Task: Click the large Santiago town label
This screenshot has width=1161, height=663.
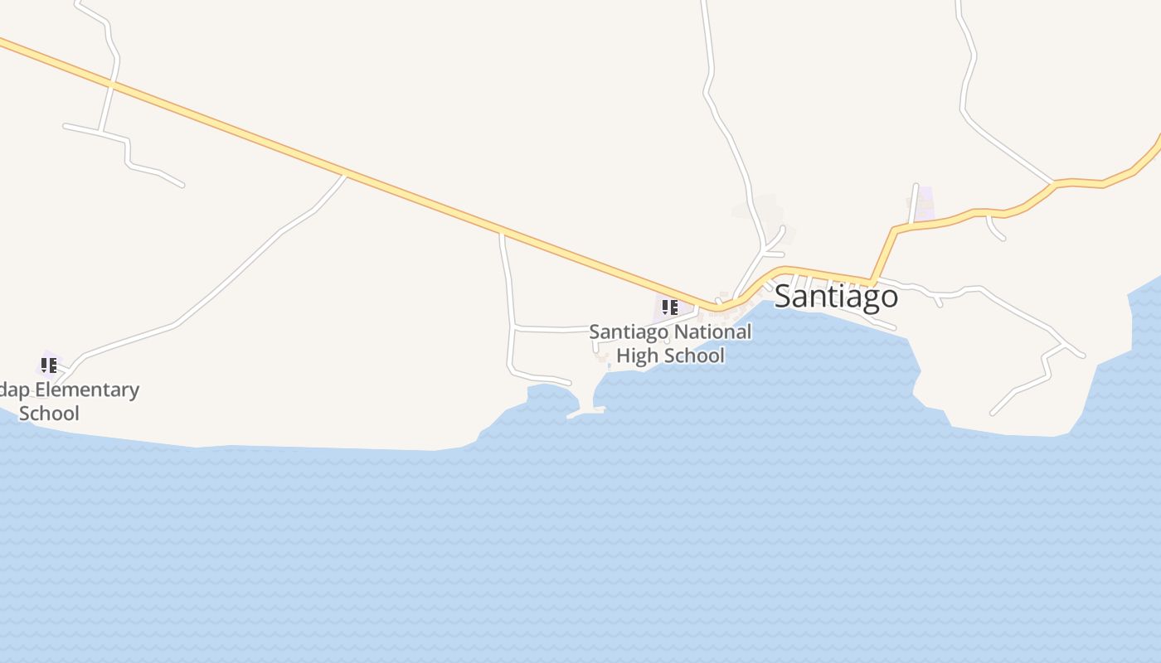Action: [x=836, y=296]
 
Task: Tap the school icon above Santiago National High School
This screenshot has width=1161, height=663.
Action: [x=670, y=308]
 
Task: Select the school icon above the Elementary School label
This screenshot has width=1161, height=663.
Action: [x=49, y=364]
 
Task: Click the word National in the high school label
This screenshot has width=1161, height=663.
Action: [x=713, y=332]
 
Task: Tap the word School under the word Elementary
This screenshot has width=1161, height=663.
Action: [x=49, y=413]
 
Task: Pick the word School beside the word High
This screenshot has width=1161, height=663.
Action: [x=692, y=356]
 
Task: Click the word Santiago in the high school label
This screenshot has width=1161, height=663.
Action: [x=629, y=332]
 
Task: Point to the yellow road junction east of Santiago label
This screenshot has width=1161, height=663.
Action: [x=872, y=281]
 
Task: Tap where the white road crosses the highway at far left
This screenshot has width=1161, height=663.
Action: [x=112, y=84]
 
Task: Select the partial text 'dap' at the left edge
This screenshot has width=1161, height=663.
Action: [x=15, y=390]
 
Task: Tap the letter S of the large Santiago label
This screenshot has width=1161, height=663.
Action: [x=785, y=296]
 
